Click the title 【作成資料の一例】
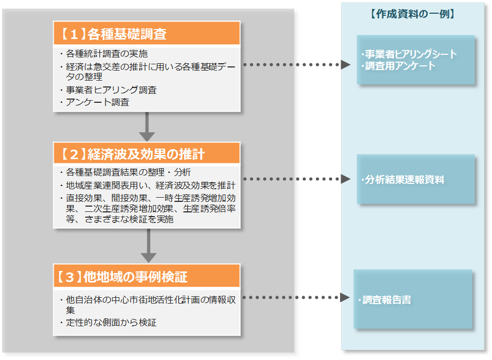click(412, 14)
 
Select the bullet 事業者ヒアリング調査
click(111, 90)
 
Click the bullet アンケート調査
click(97, 102)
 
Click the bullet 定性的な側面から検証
click(111, 322)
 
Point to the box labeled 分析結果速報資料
click(416, 180)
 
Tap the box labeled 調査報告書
click(412, 300)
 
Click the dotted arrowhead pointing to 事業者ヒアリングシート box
click(345, 65)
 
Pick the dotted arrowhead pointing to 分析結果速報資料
click(345, 179)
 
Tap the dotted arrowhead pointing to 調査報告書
click(345, 298)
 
